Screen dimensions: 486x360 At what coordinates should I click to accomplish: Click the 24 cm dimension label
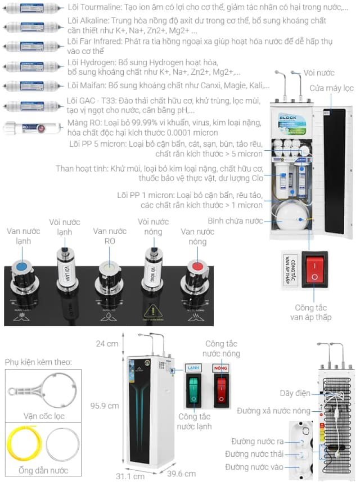coord(107,344)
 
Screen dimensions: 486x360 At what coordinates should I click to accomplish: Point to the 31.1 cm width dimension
coord(130,476)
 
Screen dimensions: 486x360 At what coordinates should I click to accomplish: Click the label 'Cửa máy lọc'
coord(332,88)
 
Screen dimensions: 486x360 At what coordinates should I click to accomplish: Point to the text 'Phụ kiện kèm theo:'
coord(38,362)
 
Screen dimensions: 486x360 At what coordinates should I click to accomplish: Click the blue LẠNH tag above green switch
coord(193,368)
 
